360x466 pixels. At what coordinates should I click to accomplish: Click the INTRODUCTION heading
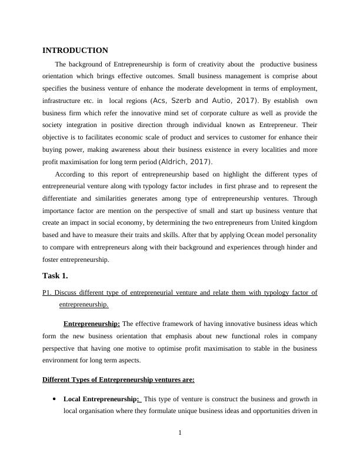pos(75,51)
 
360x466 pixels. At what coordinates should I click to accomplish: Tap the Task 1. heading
pos(55,275)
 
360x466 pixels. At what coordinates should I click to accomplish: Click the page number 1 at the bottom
pos(180,434)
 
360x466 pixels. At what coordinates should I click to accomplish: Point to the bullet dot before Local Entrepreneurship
pos(54,398)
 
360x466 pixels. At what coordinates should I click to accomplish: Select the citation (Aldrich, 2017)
pos(186,162)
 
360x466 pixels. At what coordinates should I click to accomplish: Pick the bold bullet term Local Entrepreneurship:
pos(101,399)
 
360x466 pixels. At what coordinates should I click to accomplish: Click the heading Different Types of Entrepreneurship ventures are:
pos(118,380)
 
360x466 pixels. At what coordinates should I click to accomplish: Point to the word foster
pos(50,260)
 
